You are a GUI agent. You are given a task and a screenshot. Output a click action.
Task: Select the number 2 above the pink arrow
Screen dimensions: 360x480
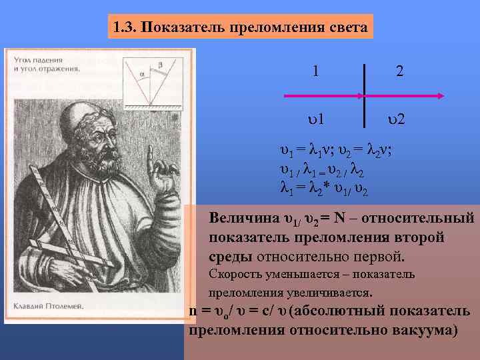[x=399, y=71]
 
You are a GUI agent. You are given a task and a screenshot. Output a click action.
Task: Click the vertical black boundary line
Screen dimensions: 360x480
[x=365, y=93]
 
